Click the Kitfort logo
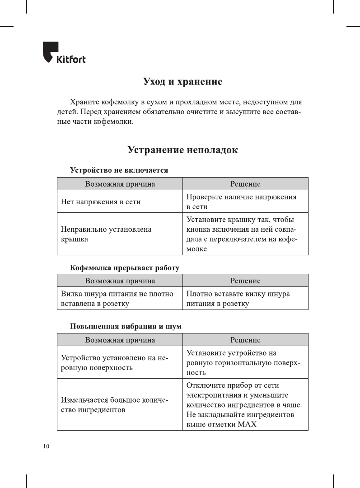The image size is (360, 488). (64, 53)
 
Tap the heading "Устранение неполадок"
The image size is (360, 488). (182, 150)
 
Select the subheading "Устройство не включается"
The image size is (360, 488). (119, 170)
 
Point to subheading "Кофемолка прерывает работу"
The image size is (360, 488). (125, 267)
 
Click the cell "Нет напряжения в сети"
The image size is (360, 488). (101, 202)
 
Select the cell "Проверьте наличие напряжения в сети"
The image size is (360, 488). (242, 202)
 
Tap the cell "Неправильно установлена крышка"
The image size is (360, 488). (106, 234)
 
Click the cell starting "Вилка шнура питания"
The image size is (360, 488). (117, 299)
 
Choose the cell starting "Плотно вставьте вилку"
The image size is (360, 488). (238, 299)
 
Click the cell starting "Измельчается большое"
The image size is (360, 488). (115, 404)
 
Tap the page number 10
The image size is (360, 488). (46, 446)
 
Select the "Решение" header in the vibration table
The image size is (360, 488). (245, 340)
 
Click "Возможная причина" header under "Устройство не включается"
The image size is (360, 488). (120, 184)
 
